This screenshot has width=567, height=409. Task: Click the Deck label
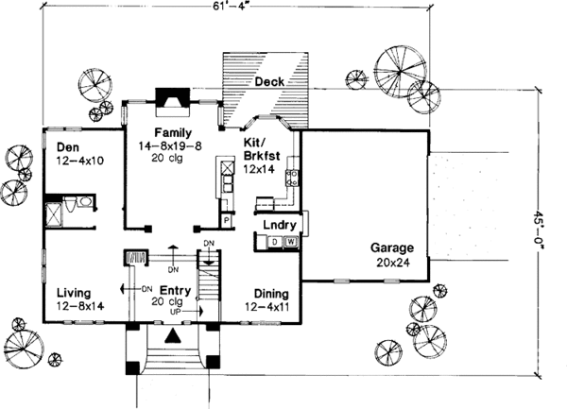[x=269, y=84]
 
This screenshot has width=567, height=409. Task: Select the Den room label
[x=66, y=146]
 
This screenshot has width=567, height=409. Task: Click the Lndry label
[x=282, y=226]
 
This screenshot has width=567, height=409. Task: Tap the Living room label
[x=72, y=293]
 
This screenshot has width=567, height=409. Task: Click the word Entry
[x=175, y=291]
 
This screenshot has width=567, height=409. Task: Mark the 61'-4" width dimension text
[x=270, y=9]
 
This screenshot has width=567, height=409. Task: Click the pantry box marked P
[x=226, y=220]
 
